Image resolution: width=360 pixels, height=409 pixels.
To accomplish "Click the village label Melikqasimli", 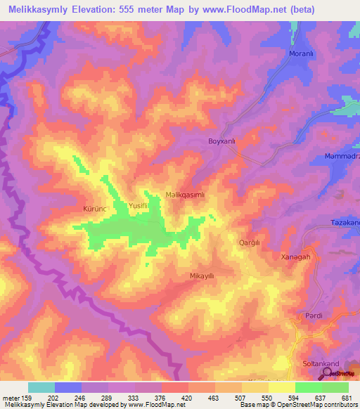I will click(184, 197).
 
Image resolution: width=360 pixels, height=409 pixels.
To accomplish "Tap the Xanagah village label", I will click(295, 257).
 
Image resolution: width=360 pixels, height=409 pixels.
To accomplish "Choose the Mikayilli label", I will click(201, 276).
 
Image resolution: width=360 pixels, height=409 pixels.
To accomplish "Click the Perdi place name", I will click(313, 316).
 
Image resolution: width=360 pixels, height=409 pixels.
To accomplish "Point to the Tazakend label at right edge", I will click(345, 223).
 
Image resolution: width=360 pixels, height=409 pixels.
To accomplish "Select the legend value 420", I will click(186, 398).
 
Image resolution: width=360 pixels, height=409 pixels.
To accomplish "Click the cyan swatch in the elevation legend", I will click(41, 387).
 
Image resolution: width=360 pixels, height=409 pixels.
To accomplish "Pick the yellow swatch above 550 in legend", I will click(281, 387).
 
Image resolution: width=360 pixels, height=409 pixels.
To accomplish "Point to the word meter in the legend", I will click(11, 398).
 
